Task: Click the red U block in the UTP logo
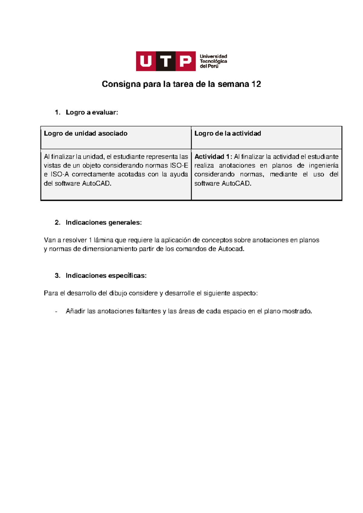click(x=146, y=61)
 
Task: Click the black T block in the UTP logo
click(x=166, y=61)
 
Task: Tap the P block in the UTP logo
click(x=185, y=61)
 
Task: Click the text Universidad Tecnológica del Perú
click(x=213, y=61)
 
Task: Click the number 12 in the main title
click(x=256, y=84)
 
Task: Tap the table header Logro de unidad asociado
click(x=86, y=133)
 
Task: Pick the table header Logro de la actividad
click(x=227, y=133)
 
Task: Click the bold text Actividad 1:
click(x=213, y=157)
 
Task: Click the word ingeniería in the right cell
click(x=323, y=165)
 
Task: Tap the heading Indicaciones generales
click(x=103, y=223)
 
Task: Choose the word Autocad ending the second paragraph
click(x=231, y=249)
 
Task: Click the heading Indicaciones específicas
click(x=106, y=276)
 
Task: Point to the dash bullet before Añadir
click(x=56, y=311)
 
